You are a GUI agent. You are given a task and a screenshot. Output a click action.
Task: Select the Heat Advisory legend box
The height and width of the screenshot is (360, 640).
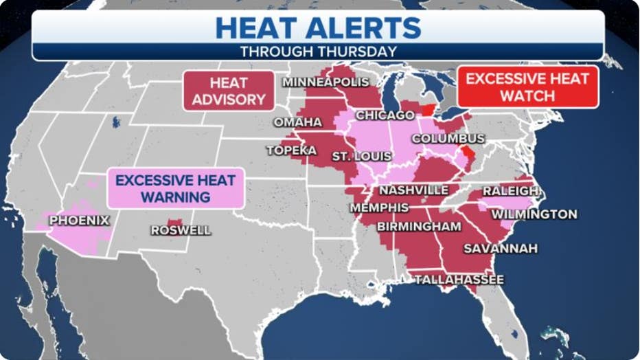click(x=228, y=91)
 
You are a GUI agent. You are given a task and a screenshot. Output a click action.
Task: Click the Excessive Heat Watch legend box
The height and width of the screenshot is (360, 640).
click(x=527, y=87)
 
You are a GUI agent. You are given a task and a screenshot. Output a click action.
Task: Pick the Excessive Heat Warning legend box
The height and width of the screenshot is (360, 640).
click(x=175, y=188)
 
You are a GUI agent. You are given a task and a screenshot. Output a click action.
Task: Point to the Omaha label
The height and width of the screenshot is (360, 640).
click(x=297, y=122)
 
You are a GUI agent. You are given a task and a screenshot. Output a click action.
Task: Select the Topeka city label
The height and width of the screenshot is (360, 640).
click(x=291, y=150)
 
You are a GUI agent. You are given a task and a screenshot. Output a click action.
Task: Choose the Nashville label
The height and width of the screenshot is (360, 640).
click(x=413, y=190)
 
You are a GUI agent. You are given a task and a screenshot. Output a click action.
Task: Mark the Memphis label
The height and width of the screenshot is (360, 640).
click(x=379, y=207)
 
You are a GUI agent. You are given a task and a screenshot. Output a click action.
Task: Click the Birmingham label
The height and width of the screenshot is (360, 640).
click(x=418, y=227)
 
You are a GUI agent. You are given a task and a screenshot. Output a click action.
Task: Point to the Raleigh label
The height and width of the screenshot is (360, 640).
click(x=511, y=190)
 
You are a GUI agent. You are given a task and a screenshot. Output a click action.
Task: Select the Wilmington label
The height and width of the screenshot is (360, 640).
click(x=534, y=214)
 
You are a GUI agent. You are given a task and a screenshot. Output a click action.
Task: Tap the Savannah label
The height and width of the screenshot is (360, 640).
click(x=500, y=249)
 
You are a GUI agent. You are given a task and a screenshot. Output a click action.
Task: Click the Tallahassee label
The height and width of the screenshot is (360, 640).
click(x=459, y=280)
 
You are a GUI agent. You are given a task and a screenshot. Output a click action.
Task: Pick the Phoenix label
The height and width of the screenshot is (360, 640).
click(x=79, y=221)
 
